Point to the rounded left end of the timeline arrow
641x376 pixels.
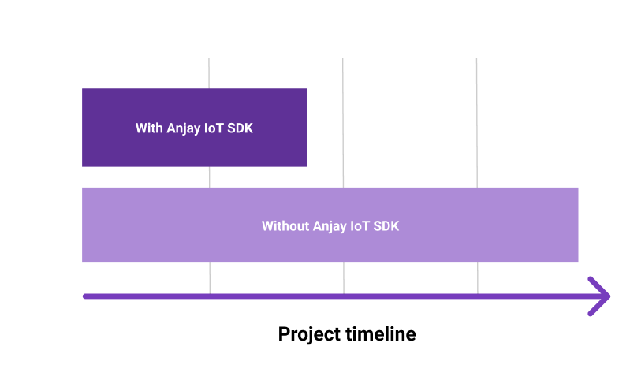pos(85,296)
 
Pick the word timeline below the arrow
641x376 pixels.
pos(381,334)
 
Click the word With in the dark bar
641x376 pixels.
pos(149,128)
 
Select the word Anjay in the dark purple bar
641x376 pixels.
pos(184,128)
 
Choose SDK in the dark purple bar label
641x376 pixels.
pos(240,128)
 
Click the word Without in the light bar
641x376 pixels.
pos(285,226)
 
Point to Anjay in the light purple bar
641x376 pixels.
pos(331,226)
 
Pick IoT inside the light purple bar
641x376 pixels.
pos(362,226)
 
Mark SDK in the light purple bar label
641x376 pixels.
pos(386,226)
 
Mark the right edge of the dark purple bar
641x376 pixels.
pos(306,128)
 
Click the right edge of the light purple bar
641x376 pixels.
pos(577,225)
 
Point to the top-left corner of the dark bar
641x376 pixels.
pos(83,89)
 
